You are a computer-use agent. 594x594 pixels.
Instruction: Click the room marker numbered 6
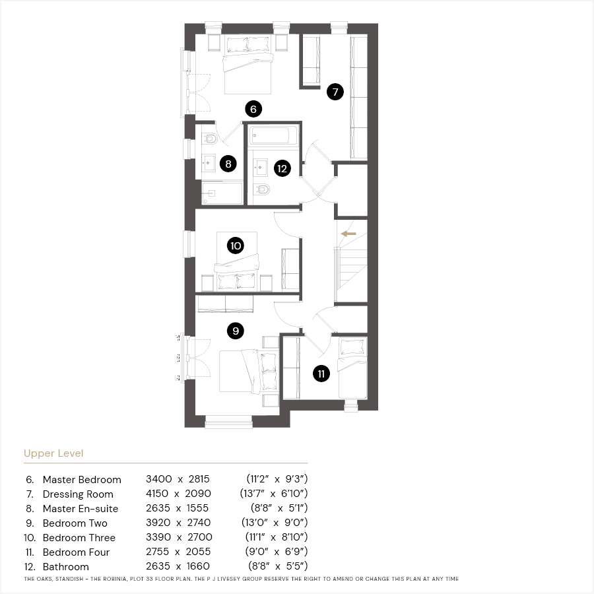253,109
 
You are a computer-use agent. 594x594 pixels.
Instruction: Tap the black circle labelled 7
335,92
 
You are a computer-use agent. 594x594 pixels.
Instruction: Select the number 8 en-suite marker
228,164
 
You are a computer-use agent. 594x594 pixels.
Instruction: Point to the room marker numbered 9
235,331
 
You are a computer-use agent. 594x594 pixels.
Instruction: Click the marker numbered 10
235,246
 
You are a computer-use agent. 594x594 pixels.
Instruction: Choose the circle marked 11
321,374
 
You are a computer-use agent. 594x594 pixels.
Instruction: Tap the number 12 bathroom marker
282,168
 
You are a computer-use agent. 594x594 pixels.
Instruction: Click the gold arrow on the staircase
348,234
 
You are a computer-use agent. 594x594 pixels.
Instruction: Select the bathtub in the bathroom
274,135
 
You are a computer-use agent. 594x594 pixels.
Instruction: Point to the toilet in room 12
261,189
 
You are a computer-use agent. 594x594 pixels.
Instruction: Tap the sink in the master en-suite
209,163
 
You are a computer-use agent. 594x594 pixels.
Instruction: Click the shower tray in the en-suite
222,193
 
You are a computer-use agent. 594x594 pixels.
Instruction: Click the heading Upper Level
53,453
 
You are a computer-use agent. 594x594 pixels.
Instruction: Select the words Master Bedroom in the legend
82,480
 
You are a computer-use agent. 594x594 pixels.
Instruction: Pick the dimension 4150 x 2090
178,494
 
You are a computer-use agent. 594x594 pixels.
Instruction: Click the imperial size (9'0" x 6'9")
277,552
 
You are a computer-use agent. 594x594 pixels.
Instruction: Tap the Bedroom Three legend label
79,537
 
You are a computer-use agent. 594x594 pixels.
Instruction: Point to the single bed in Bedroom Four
352,368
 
